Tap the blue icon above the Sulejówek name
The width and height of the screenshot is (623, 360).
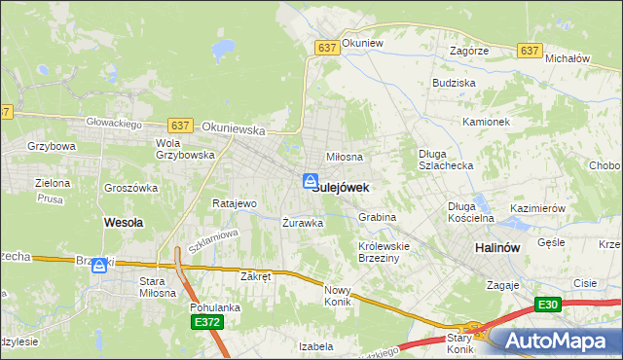(310, 180)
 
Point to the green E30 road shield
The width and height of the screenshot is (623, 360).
(549, 306)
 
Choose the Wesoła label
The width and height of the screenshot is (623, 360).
(124, 222)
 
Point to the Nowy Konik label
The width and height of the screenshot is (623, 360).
(337, 295)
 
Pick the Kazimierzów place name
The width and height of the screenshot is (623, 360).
(537, 209)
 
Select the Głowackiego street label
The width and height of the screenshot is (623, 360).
(115, 124)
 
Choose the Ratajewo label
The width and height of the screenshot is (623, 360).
(234, 204)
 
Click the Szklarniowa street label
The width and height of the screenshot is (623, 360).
(213, 240)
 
